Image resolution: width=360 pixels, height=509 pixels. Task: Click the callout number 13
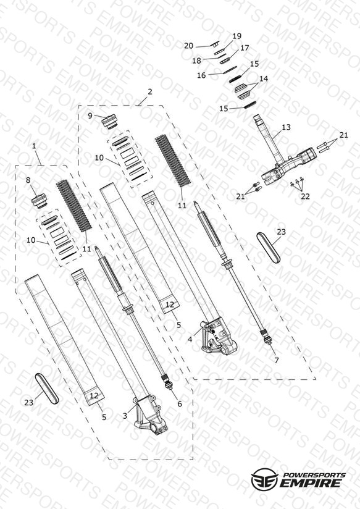click(x=286, y=127)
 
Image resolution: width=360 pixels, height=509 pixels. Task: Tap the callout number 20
click(x=188, y=46)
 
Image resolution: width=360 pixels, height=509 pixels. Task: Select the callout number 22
click(x=305, y=196)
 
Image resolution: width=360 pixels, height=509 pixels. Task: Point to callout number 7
click(x=276, y=360)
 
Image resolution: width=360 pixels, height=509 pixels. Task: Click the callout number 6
click(x=180, y=403)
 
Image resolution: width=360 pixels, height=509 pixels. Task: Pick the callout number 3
click(x=125, y=416)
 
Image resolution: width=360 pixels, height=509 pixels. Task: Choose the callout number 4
click(x=190, y=340)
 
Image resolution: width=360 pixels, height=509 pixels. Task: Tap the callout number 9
click(x=90, y=116)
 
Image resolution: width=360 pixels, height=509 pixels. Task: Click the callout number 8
click(x=28, y=180)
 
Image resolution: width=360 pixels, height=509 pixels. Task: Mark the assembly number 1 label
click(x=35, y=146)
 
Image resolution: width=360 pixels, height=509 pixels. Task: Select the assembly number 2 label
click(x=149, y=91)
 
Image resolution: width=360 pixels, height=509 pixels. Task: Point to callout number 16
click(x=201, y=75)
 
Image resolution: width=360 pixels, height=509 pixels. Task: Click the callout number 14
click(x=264, y=78)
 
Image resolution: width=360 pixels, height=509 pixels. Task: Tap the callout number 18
click(x=196, y=61)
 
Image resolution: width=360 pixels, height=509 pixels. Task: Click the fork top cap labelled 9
click(x=109, y=122)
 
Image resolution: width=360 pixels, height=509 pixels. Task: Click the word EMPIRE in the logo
click(x=310, y=482)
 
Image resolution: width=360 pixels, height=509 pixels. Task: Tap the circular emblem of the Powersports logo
click(x=264, y=479)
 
